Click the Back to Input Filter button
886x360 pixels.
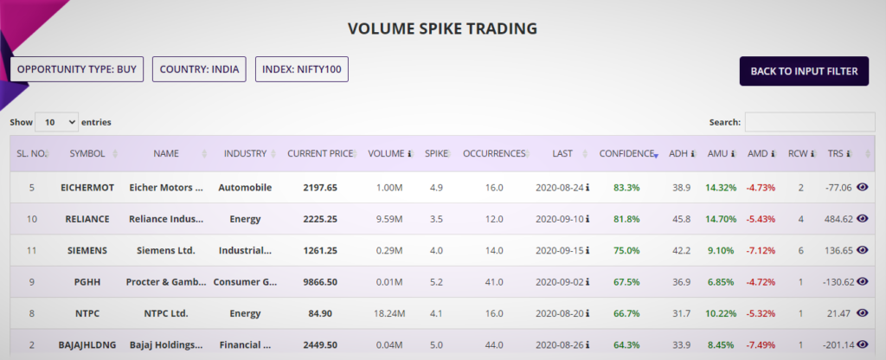(x=804, y=71)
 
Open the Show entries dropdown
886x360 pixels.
(x=56, y=123)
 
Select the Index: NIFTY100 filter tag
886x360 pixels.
(x=301, y=69)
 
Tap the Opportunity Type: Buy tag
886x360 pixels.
(x=77, y=69)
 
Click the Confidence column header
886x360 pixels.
(x=627, y=153)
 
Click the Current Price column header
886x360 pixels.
(x=320, y=153)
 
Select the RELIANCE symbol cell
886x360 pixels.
(x=87, y=219)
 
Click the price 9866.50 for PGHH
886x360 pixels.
(x=320, y=282)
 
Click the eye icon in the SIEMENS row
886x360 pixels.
(x=862, y=250)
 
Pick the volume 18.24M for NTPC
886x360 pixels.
(x=389, y=313)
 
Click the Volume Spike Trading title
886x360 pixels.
(x=442, y=29)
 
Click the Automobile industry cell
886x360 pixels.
(x=245, y=187)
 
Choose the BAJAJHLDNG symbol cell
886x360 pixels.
(x=87, y=345)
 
